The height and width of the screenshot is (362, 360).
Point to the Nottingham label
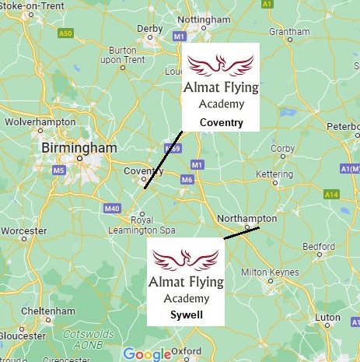(204, 19)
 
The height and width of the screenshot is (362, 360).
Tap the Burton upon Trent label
(123, 55)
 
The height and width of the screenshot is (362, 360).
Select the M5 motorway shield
(58, 170)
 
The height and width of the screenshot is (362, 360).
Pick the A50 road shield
(65, 33)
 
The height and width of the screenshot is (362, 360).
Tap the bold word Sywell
(186, 315)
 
